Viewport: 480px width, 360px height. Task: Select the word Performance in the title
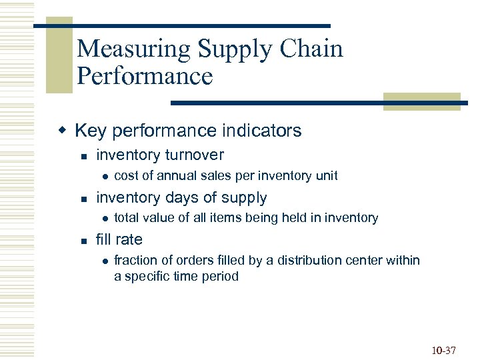(x=145, y=76)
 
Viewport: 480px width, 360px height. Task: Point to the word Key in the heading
(x=90, y=130)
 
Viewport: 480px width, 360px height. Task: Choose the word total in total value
(x=126, y=218)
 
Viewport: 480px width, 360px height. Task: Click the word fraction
(x=136, y=260)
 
